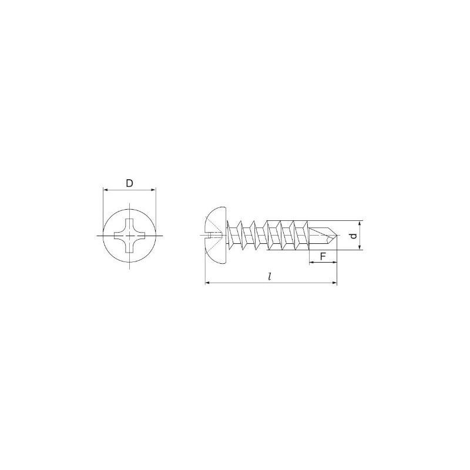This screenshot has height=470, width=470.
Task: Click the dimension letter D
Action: [x=129, y=183]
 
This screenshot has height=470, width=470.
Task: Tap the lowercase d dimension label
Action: [x=354, y=236]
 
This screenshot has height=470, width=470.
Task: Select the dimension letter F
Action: [x=323, y=256]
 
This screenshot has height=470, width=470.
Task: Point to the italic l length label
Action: [x=270, y=277]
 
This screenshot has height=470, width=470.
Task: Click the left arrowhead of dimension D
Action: [x=105, y=190]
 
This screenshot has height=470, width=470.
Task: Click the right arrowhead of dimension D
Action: [x=154, y=190]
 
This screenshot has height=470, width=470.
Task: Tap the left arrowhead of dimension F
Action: [x=311, y=262]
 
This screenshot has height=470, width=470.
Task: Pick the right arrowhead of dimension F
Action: [x=335, y=262]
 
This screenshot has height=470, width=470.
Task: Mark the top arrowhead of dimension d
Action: [x=360, y=223]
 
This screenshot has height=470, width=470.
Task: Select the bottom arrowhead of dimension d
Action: [x=360, y=247]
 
